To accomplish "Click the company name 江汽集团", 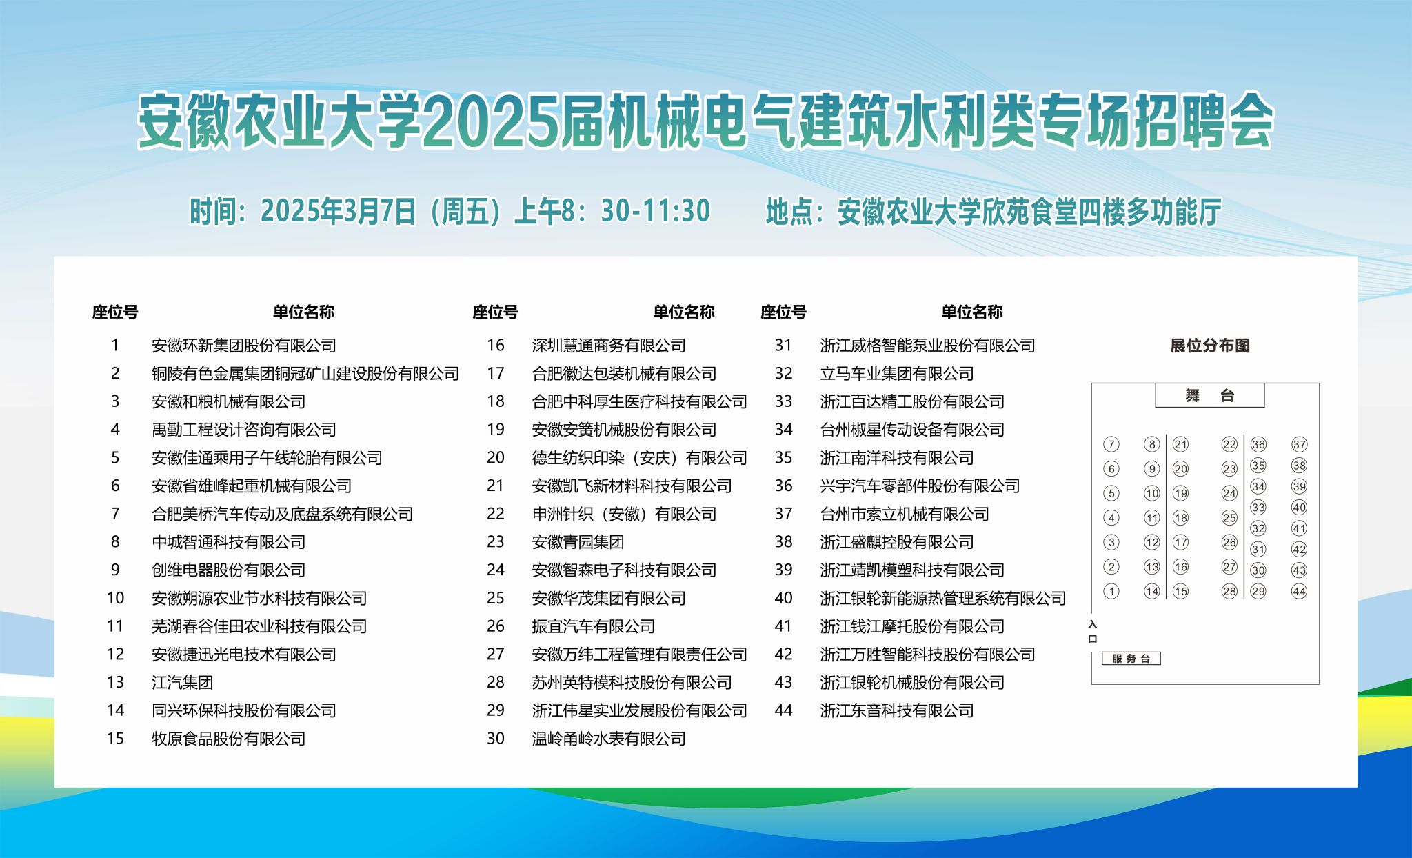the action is coord(182,682).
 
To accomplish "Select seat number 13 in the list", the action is coord(115,682).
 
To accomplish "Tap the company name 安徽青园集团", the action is coord(578,542).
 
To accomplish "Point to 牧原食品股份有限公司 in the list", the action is coord(228,739).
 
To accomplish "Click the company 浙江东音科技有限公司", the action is coord(896,710).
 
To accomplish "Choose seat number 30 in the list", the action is coord(496,739).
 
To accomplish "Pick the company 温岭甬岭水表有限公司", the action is coord(609,739).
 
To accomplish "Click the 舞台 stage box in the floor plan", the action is coord(1210,395).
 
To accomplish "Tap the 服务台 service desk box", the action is coord(1131,659).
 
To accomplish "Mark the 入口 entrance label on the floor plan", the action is coord(1092,632).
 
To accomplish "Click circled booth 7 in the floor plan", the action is coord(1111,444).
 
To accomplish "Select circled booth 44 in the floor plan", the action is coord(1299,591).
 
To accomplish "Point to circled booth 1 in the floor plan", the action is coord(1111,591).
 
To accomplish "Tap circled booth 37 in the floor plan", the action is coord(1299,444).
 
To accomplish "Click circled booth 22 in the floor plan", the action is coord(1229,444).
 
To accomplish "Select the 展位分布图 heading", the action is coord(1210,346).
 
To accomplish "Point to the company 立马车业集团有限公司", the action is coord(896,374).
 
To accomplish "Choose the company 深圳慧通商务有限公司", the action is coord(609,346).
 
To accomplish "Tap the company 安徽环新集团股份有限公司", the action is coord(244,346).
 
